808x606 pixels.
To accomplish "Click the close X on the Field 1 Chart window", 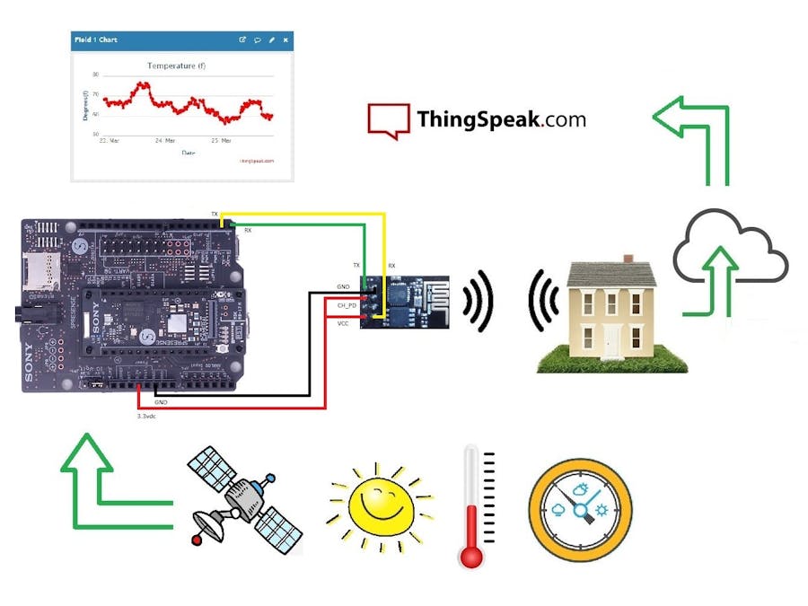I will pyautogui.click(x=285, y=40).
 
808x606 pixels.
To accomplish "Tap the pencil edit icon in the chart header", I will pyautogui.click(x=271, y=40).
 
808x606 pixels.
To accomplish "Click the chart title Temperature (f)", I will pyautogui.click(x=182, y=66).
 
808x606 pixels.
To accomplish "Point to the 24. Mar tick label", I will pyautogui.click(x=163, y=141).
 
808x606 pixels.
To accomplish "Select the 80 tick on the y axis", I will pyautogui.click(x=95, y=75).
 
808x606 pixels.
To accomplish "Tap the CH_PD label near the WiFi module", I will pyautogui.click(x=347, y=305).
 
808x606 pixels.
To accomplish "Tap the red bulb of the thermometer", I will pyautogui.click(x=470, y=555).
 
